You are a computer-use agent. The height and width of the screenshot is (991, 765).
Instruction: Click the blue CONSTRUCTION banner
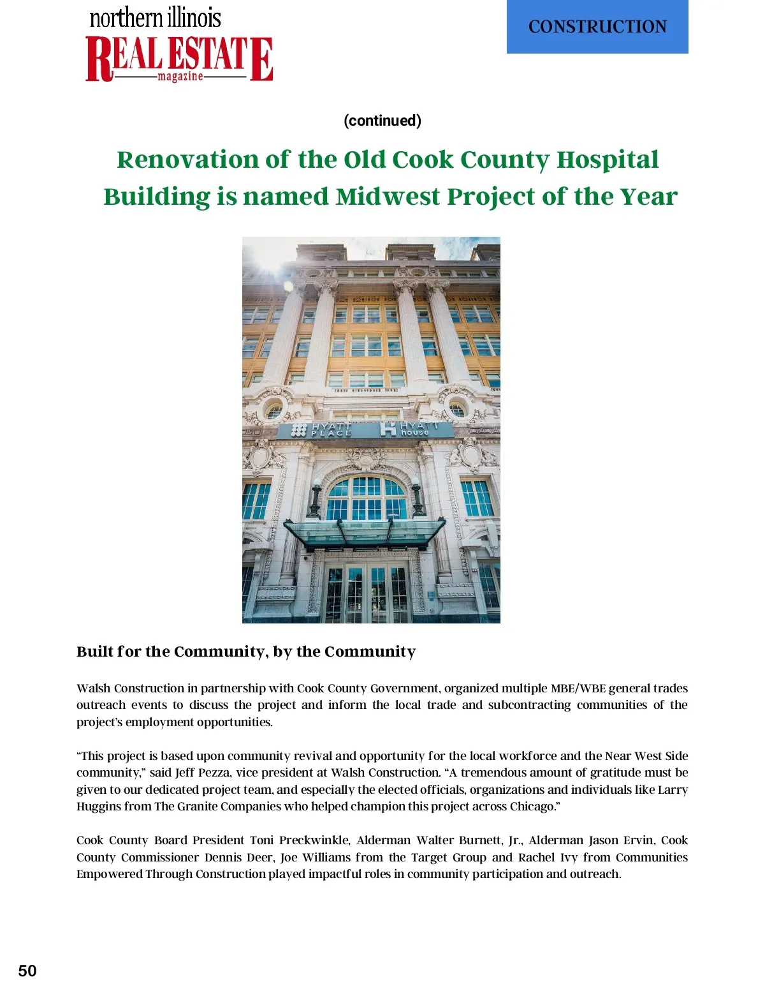click(x=597, y=27)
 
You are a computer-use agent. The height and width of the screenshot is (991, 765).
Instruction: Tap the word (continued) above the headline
click(x=382, y=121)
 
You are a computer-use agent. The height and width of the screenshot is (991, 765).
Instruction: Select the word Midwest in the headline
click(x=388, y=197)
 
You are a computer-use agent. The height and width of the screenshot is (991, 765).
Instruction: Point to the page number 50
click(x=27, y=971)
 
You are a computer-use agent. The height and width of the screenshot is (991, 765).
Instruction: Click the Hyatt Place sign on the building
click(x=323, y=429)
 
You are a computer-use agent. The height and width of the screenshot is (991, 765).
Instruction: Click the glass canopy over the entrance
click(x=365, y=532)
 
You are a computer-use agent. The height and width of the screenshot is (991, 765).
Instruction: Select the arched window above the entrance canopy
click(x=367, y=496)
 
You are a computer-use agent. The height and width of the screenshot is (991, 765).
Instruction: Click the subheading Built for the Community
click(x=246, y=652)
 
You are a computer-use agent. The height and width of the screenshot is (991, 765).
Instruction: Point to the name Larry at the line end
click(x=673, y=790)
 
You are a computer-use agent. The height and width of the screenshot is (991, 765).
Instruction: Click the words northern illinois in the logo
click(x=155, y=17)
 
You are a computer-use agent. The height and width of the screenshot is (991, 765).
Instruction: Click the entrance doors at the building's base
click(x=365, y=592)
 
